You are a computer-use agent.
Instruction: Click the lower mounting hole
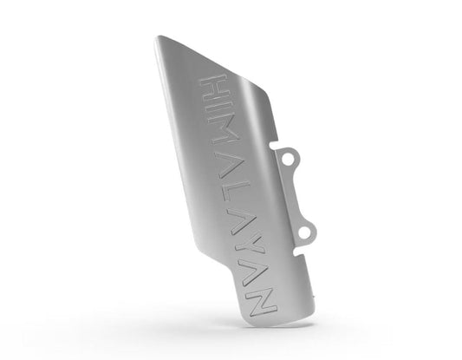tap(306, 230)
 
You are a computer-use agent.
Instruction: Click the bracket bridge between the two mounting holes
tap(300, 194)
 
